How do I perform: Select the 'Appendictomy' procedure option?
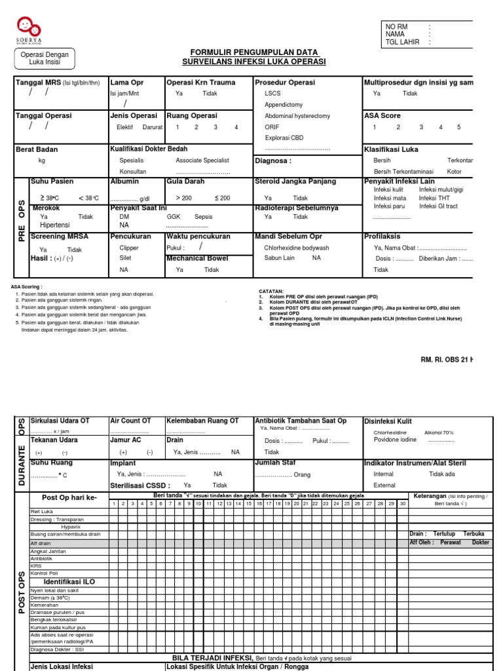(x=284, y=105)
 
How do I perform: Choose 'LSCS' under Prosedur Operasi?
(x=272, y=94)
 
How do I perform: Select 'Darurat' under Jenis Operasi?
(x=153, y=127)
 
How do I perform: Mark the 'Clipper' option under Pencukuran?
(x=129, y=248)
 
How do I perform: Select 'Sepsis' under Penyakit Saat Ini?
(x=204, y=216)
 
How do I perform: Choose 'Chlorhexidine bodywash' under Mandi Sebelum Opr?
(x=297, y=248)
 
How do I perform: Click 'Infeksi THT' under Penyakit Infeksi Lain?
(x=435, y=198)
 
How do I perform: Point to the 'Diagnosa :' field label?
(x=272, y=161)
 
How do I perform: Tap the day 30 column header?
(x=402, y=503)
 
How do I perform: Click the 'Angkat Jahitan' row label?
(x=48, y=551)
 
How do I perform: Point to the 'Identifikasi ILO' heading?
(x=69, y=581)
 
